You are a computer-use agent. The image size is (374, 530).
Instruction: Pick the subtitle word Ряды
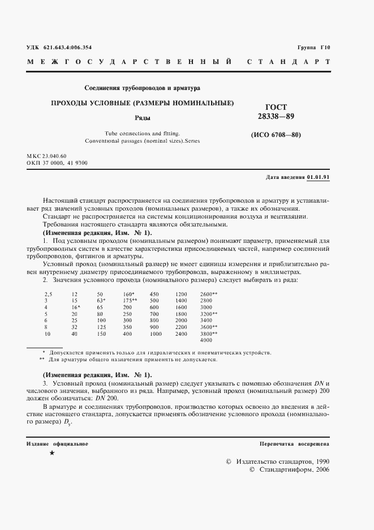coord(141,119)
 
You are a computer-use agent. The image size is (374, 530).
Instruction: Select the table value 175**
coord(130,300)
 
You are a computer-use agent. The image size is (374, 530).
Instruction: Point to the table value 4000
coord(206,341)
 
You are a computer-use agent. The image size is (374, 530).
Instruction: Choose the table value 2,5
coord(49,293)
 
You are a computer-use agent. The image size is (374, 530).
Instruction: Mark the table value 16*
coord(76,306)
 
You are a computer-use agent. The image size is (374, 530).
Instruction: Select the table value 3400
coord(206,320)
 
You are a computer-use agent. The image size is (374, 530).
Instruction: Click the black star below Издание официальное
coord(52,454)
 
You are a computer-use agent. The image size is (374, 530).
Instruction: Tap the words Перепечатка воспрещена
coord(294,443)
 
